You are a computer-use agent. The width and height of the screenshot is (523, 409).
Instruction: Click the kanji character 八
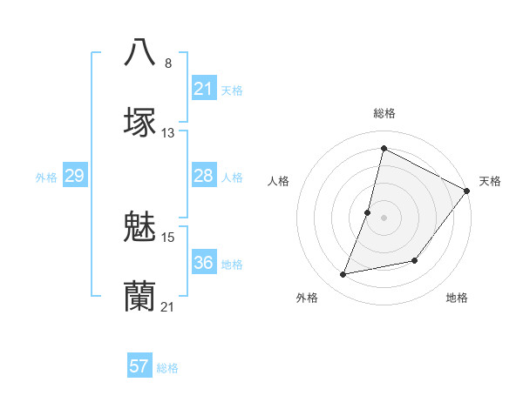pyautogui.click(x=140, y=52)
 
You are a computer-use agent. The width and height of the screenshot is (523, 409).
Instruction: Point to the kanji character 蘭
pyautogui.click(x=140, y=297)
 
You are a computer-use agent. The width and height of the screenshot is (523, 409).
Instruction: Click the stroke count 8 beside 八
pyautogui.click(x=167, y=63)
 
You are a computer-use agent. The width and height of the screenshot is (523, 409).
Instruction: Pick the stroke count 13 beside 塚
pyautogui.click(x=168, y=133)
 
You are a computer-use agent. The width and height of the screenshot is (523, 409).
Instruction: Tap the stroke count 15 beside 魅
pyautogui.click(x=168, y=237)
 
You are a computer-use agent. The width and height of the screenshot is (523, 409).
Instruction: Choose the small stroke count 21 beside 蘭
pyautogui.click(x=168, y=307)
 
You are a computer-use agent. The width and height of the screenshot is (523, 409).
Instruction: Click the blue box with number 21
pyautogui.click(x=203, y=89)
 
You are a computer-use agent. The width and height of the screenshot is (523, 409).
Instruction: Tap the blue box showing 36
pyautogui.click(x=203, y=264)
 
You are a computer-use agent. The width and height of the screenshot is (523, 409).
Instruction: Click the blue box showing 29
pyautogui.click(x=74, y=177)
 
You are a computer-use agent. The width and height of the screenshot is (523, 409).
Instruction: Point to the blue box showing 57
pyautogui.click(x=139, y=366)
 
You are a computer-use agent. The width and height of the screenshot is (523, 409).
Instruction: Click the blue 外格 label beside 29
pyautogui.click(x=46, y=178)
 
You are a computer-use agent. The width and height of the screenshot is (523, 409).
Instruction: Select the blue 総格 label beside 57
pyautogui.click(x=167, y=368)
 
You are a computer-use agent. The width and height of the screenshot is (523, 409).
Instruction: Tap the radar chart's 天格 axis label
pyautogui.click(x=490, y=181)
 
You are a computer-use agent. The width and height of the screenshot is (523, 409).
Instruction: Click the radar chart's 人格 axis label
pyautogui.click(x=279, y=181)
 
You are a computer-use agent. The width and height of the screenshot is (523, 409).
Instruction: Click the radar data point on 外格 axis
pyautogui.click(x=343, y=274)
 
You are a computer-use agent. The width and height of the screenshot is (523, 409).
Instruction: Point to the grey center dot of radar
pyautogui.click(x=384, y=217)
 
